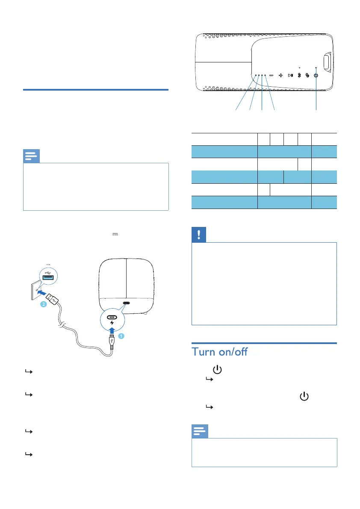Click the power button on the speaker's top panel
pos(316,75)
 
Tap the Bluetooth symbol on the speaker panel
pos(299,75)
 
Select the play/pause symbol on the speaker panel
pos(290,75)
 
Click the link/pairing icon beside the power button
pos(307,75)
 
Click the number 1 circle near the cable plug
pos(121,336)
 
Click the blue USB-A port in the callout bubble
pos(48,278)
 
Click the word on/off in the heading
pos(246,353)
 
